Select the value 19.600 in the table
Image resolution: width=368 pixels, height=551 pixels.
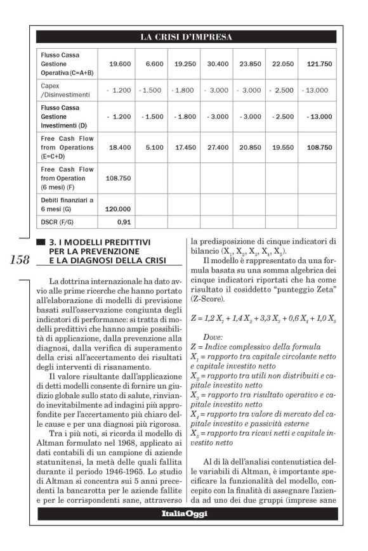tap(120, 65)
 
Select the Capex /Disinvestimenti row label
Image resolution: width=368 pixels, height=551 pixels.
tap(61, 89)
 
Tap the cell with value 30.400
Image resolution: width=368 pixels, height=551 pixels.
tap(218, 65)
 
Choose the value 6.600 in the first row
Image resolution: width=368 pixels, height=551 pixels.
tap(155, 65)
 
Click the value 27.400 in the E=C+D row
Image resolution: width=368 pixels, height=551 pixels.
tap(218, 147)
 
